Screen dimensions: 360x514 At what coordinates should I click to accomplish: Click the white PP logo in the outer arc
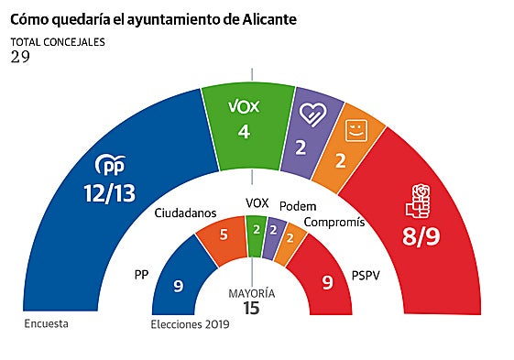pyautogui.click(x=110, y=165)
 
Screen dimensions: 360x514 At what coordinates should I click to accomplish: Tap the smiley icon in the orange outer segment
pyautogui.click(x=354, y=130)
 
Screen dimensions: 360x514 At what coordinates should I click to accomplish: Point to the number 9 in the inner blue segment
pyautogui.click(x=180, y=286)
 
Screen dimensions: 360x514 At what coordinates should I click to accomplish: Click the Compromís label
pyautogui.click(x=334, y=222)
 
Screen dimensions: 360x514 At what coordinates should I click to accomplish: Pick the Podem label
pyautogui.click(x=299, y=205)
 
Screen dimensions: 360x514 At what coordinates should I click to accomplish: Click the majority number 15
pyautogui.click(x=251, y=309)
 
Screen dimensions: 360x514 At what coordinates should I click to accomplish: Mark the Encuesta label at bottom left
pyautogui.click(x=46, y=323)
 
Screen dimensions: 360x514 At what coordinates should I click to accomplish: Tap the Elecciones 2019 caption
pyautogui.click(x=189, y=325)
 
